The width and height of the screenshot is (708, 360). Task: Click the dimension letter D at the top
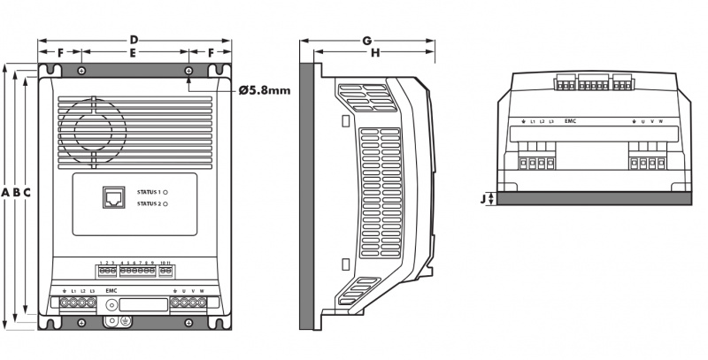(x=134, y=40)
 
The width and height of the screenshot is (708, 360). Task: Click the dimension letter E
(x=134, y=54)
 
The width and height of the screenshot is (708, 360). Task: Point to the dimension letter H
(x=374, y=54)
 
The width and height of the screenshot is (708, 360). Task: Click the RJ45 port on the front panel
(x=113, y=195)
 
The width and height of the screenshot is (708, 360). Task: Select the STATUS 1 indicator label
(x=148, y=191)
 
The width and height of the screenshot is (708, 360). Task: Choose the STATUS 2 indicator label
(x=148, y=204)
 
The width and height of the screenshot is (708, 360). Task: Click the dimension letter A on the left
(x=6, y=193)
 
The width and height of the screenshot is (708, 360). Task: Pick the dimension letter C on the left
(x=28, y=193)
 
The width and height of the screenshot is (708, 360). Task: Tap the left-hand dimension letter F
(x=60, y=54)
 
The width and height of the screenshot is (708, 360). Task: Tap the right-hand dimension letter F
(x=211, y=54)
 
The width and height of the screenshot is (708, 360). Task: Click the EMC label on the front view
(x=112, y=290)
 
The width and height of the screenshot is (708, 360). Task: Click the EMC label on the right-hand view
(x=571, y=120)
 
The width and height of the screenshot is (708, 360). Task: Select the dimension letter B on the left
(x=17, y=193)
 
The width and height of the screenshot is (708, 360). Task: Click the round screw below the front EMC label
(x=112, y=305)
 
